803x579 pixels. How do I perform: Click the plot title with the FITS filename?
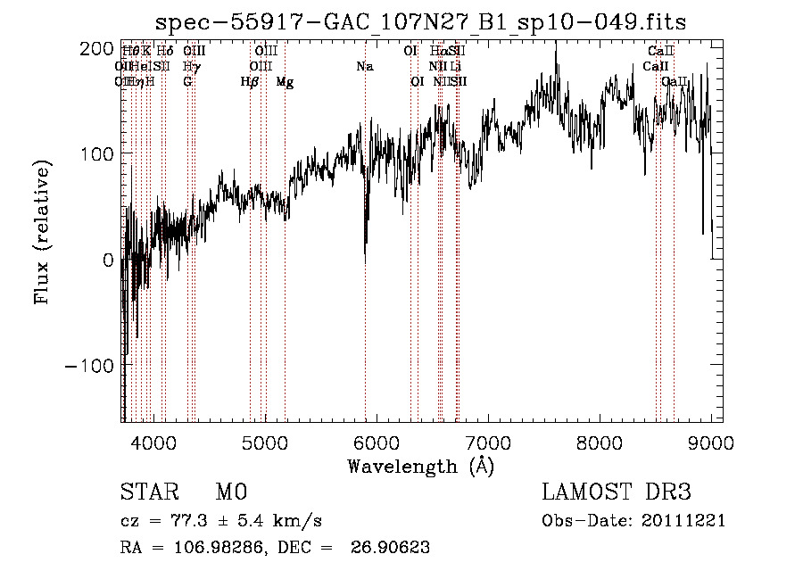[x=420, y=22]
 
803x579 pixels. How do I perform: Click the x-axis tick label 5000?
[x=264, y=442]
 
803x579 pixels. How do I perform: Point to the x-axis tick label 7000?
[x=488, y=442]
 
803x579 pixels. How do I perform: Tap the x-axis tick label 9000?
[x=711, y=442]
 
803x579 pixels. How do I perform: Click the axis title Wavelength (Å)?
[x=420, y=466]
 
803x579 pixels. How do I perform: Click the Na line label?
[x=364, y=67]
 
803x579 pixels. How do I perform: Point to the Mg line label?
[x=285, y=82]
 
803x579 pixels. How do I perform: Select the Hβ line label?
[x=250, y=82]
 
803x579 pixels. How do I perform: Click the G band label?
[x=187, y=82]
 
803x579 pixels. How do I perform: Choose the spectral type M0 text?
[x=230, y=492]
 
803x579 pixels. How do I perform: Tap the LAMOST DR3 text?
[x=617, y=492]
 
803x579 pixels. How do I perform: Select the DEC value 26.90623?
[x=392, y=548]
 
